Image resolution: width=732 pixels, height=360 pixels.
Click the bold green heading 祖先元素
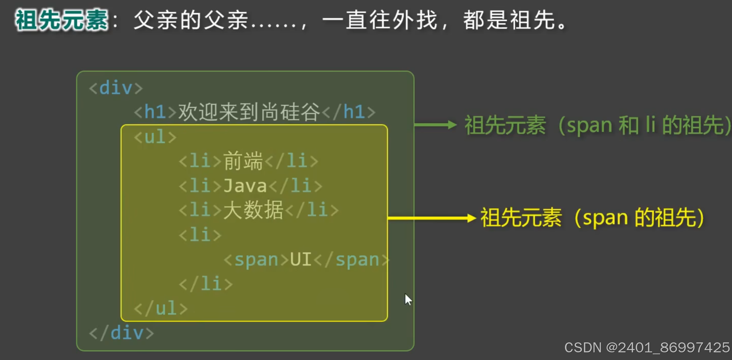click(x=61, y=20)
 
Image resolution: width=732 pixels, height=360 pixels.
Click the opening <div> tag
click(x=116, y=88)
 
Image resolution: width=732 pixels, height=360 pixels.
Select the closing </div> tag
click(x=121, y=333)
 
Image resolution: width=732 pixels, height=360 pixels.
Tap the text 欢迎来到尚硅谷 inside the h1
click(x=249, y=112)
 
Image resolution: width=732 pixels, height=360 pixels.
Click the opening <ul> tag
click(x=155, y=137)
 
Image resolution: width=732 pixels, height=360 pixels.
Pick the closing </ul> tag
click(x=161, y=308)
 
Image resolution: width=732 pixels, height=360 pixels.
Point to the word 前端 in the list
click(x=243, y=161)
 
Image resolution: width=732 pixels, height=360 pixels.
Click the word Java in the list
click(x=245, y=186)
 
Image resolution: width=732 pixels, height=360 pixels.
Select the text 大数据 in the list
click(x=253, y=210)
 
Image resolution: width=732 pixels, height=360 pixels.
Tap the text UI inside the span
click(x=300, y=259)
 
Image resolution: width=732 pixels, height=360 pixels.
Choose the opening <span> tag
click(x=256, y=260)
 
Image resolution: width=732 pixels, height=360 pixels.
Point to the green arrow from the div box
click(x=435, y=125)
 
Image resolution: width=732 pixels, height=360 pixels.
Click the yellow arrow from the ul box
click(x=432, y=218)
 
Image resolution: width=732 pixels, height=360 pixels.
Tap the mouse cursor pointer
click(x=408, y=299)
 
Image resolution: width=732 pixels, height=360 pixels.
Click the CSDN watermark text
click(x=647, y=347)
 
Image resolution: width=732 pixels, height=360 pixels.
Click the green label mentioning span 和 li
click(x=597, y=125)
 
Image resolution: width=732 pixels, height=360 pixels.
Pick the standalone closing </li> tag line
click(x=205, y=284)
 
